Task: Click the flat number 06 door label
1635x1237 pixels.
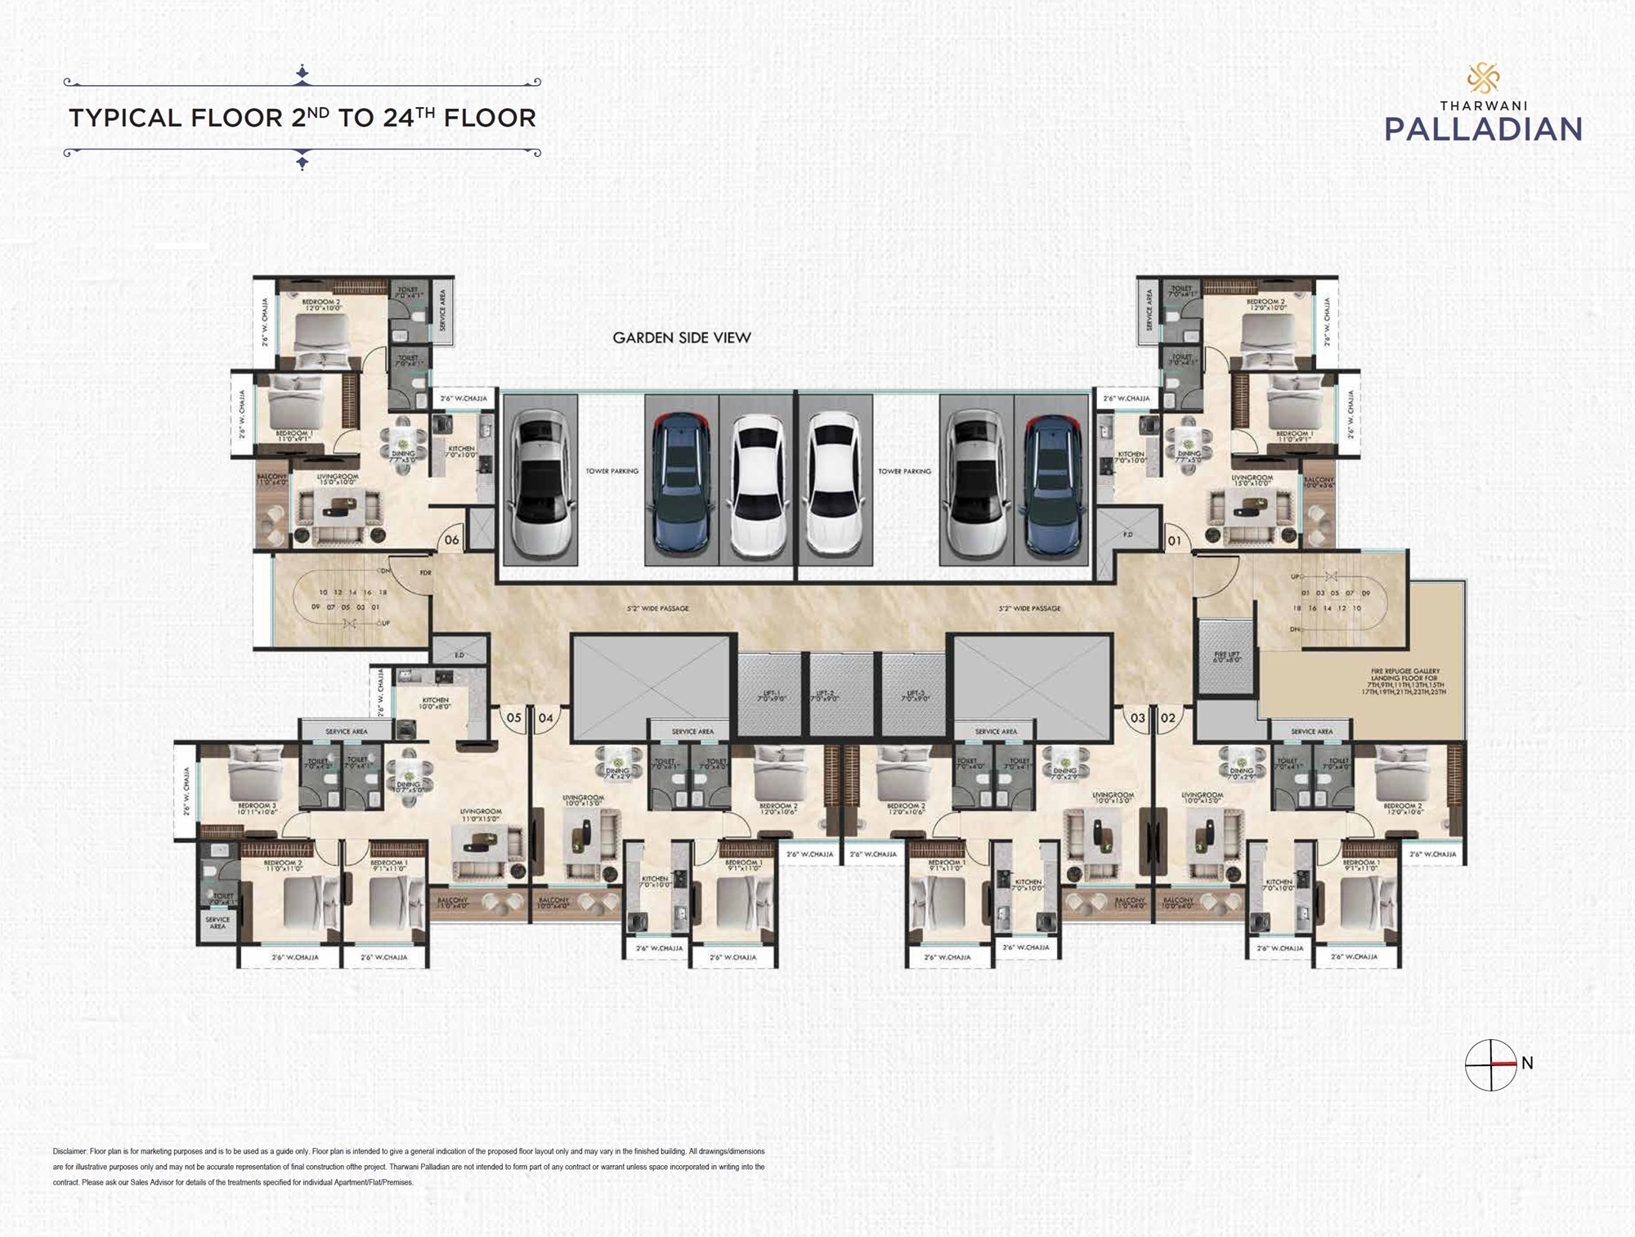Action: (451, 540)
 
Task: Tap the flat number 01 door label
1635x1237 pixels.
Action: (1174, 540)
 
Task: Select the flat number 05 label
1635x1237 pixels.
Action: (513, 718)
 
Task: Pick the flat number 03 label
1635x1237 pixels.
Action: (1137, 718)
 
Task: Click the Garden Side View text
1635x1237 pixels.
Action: (682, 338)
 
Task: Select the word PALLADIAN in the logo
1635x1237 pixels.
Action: (1483, 129)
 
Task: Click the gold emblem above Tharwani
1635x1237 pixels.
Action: (1483, 79)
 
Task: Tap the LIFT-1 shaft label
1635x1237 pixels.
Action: (769, 696)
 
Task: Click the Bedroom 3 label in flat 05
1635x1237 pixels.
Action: (257, 809)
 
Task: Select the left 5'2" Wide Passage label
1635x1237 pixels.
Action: (657, 608)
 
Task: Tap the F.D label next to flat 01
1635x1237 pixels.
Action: (1127, 535)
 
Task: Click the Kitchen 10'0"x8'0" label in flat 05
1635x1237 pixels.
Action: (435, 704)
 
